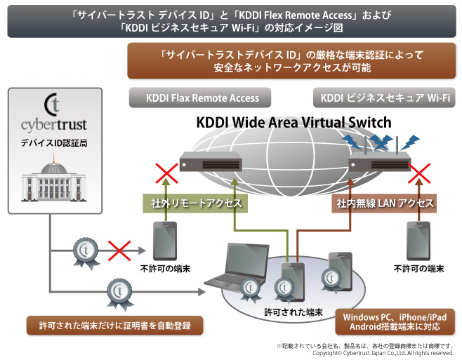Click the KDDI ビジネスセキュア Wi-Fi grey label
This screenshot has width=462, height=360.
tap(385, 98)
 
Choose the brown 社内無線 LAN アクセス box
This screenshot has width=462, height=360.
tap(383, 204)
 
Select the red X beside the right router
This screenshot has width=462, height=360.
tap(420, 173)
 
